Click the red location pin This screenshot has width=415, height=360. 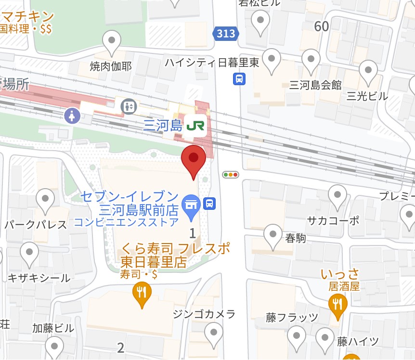(194, 158)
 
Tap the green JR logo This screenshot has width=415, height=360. (195, 126)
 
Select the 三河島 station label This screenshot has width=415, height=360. (164, 126)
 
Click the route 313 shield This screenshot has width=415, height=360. (226, 33)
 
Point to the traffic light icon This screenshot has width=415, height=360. (231, 175)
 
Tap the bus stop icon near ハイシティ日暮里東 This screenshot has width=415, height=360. (239, 78)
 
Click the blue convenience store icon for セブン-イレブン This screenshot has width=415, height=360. (191, 203)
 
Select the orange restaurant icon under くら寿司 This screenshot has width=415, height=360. (142, 292)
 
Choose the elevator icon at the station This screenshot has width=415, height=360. (129, 106)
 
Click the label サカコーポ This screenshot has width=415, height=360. (333, 220)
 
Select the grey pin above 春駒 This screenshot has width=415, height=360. (273, 234)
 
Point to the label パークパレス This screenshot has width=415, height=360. (36, 225)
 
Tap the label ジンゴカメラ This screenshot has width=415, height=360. (204, 314)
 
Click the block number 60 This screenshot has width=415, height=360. (322, 26)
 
